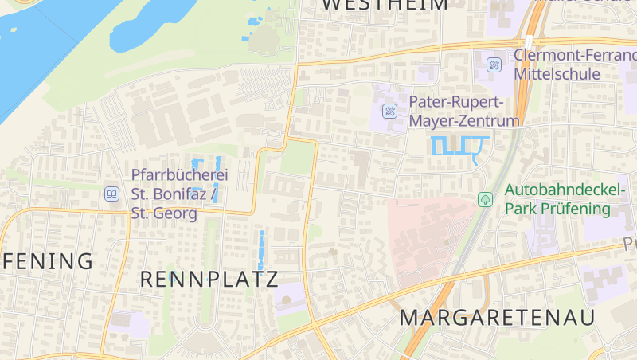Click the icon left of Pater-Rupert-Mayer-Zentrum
(x=390, y=111)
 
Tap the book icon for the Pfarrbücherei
(x=112, y=194)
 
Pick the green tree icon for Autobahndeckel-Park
(x=485, y=199)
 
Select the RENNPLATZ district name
(x=209, y=280)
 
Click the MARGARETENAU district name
(x=497, y=317)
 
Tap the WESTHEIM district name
(x=385, y=5)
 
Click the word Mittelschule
(x=557, y=74)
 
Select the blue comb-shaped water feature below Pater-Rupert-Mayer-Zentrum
(x=459, y=147)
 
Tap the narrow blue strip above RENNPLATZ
(x=260, y=248)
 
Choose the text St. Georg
(x=164, y=213)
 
